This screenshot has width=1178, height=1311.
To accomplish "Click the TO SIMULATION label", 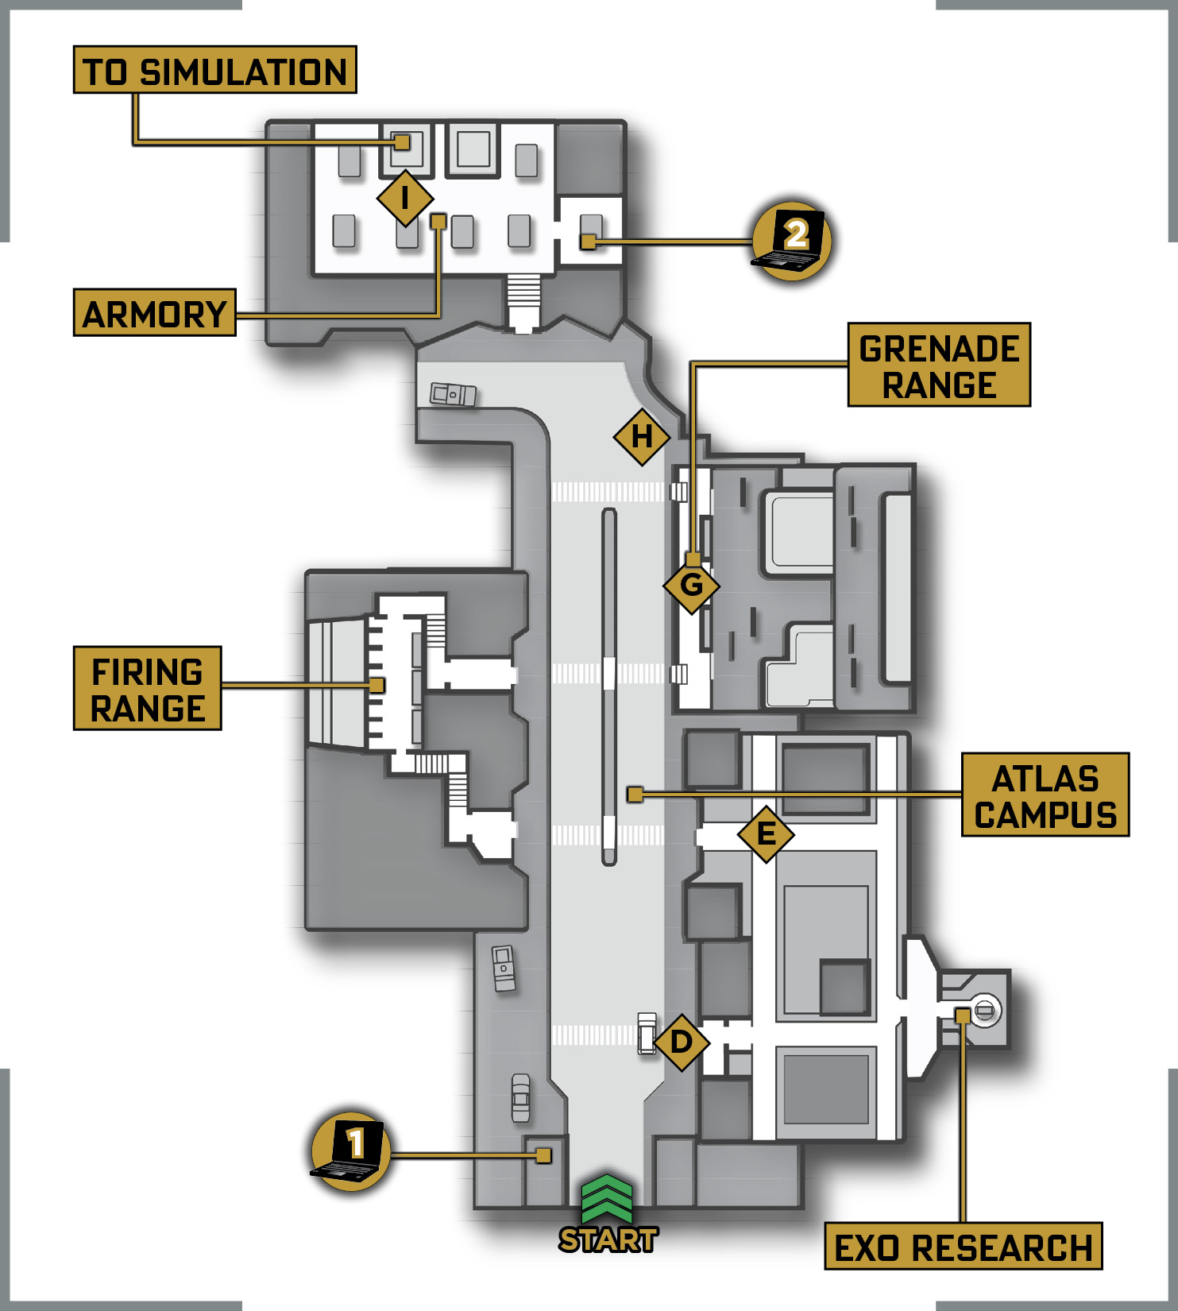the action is [x=214, y=70].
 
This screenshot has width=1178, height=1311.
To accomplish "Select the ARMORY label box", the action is [x=155, y=313].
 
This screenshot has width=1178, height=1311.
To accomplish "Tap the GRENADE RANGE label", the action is [x=939, y=365].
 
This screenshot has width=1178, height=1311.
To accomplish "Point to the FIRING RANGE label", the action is [x=147, y=688].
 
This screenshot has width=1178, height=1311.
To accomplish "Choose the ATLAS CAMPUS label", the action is [x=1045, y=795].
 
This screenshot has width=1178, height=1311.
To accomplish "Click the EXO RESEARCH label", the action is [x=964, y=1246].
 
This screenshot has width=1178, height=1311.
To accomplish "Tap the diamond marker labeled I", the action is [x=405, y=198].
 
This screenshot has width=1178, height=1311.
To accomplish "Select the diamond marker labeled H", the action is [x=642, y=436].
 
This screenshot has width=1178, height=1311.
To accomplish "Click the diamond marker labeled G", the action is [x=692, y=586].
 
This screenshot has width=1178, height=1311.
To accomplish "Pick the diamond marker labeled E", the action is [x=766, y=833].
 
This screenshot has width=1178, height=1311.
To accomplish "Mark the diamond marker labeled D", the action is [x=681, y=1042].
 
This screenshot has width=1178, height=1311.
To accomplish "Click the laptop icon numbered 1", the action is [x=350, y=1151].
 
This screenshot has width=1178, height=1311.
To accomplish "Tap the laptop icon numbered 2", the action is [x=791, y=240].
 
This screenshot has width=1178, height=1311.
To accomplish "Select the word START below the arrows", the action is [x=608, y=1239].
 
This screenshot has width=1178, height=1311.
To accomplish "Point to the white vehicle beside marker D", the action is [x=647, y=1033].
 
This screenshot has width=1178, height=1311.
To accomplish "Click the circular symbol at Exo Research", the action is [x=984, y=1010].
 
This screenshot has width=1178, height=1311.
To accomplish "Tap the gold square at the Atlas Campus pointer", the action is [x=635, y=794].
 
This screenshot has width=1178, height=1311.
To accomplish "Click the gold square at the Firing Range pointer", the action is [x=377, y=685].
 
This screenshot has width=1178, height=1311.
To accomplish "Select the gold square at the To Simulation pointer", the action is [x=403, y=142].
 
